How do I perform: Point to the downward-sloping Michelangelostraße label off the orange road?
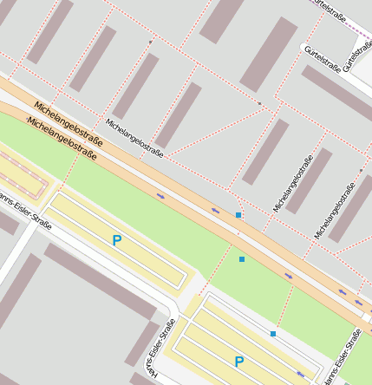point(134,137)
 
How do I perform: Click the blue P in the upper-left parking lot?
point(116,240)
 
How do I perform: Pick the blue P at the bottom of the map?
point(238,362)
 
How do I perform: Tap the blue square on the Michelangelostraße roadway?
point(238,214)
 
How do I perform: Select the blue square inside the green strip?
point(242,259)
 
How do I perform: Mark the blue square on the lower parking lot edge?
point(273,334)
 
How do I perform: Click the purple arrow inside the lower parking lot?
point(301,374)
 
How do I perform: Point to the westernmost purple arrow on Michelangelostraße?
point(160,196)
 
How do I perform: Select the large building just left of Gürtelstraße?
point(269,55)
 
